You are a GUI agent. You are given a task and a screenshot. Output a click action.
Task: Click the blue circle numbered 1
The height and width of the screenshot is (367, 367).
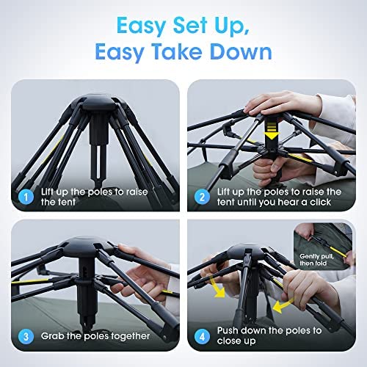click(x=26, y=197)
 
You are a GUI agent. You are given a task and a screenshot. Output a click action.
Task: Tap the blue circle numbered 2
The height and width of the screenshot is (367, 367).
click(x=202, y=197)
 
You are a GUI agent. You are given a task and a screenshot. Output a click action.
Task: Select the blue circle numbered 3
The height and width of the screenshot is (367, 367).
click(x=26, y=337)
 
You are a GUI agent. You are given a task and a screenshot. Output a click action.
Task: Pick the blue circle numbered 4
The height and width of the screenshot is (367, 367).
click(x=202, y=337)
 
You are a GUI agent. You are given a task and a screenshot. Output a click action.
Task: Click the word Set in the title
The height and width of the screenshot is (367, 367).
click(x=190, y=26)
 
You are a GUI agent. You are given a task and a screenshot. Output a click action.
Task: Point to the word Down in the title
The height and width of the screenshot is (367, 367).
click(x=241, y=52)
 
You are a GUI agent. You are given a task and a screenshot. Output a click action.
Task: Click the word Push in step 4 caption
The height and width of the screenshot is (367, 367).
click(x=228, y=330)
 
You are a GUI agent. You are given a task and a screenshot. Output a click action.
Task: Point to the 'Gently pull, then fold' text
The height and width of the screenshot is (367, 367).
click(x=316, y=260)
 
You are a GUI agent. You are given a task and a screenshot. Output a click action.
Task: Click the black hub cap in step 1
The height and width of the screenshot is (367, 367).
click(x=98, y=104)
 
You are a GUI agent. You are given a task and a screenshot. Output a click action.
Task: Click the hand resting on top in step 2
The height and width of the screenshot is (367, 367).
click(x=284, y=104)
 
